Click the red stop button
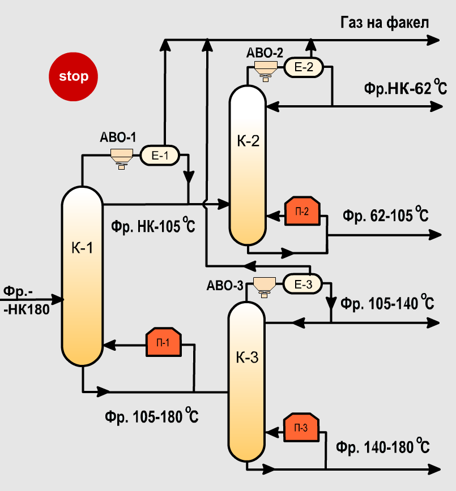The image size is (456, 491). tap(73, 76)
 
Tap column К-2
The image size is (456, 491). tap(248, 164)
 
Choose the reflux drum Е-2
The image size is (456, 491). tap(303, 67)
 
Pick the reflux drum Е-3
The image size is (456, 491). tap(302, 284)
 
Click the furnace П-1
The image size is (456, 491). tap(164, 342)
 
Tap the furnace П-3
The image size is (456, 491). tap(301, 428)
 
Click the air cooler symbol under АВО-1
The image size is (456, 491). tap(121, 156)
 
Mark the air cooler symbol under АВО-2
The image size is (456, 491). tap(265, 68)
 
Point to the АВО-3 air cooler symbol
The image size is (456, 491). tap(263, 285)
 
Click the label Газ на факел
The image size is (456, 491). tap(385, 23)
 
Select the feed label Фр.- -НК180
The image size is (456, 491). tap(26, 300)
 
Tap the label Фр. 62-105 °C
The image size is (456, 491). tap(385, 216)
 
